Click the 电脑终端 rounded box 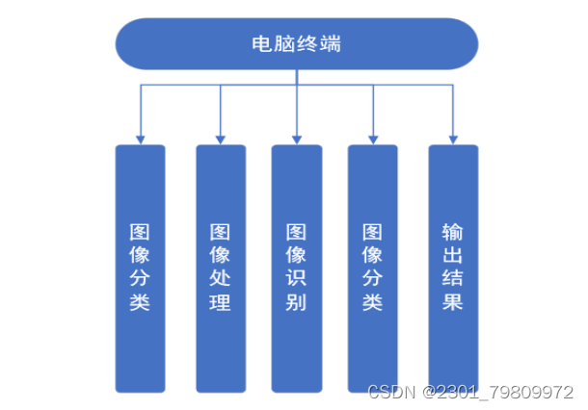click(295, 43)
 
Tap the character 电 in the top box click(259, 43)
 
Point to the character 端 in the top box click(332, 43)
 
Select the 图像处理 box click(220, 268)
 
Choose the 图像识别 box click(296, 268)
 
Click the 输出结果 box click(453, 268)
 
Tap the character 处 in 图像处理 click(220, 279)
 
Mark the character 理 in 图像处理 click(220, 303)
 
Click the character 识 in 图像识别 click(296, 279)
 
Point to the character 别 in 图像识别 click(296, 303)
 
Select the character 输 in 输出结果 click(453, 232)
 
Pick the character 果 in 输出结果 click(453, 302)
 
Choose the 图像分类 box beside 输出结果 click(373, 268)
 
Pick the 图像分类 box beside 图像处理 click(140, 268)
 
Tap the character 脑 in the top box click(283, 43)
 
